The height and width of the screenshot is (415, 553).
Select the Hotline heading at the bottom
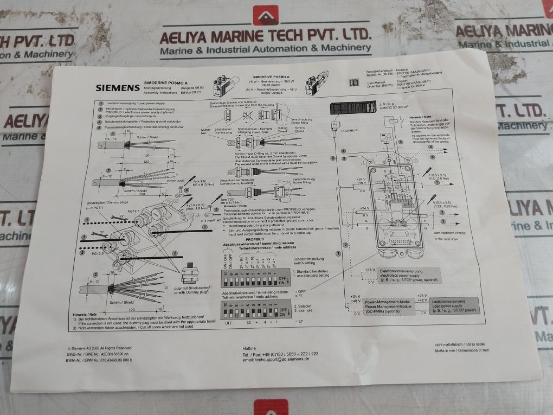(x=250, y=347)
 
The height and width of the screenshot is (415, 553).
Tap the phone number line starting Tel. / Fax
(x=280, y=353)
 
